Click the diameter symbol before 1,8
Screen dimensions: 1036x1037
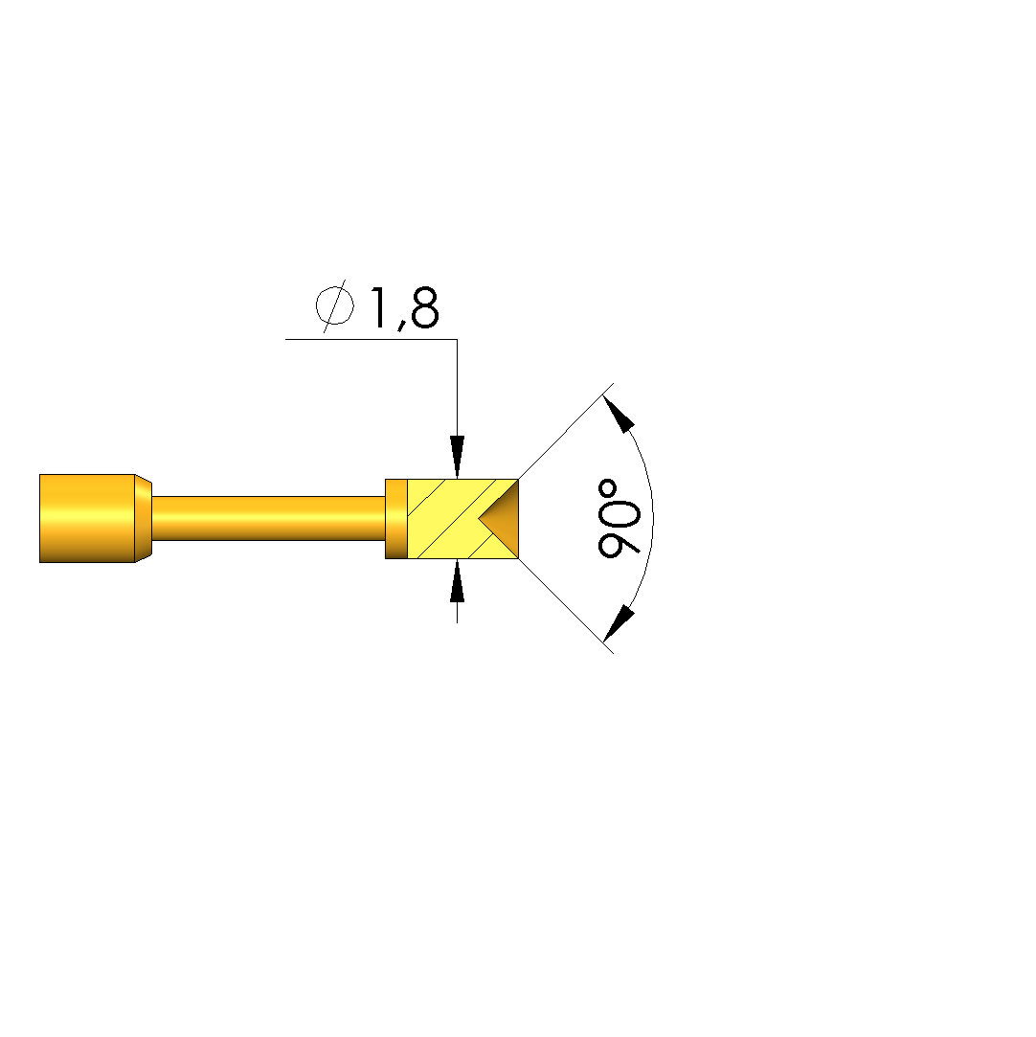pyautogui.click(x=334, y=306)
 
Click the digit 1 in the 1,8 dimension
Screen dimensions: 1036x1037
pyautogui.click(x=379, y=307)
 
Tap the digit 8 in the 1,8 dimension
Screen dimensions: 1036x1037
pyautogui.click(x=424, y=307)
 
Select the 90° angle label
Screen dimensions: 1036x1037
pyautogui.click(x=619, y=518)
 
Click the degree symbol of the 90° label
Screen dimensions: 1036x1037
pyautogui.click(x=607, y=489)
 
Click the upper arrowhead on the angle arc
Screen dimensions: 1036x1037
pyautogui.click(x=619, y=413)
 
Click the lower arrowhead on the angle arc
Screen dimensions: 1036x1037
pyautogui.click(x=619, y=623)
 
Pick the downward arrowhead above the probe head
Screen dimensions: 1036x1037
pyautogui.click(x=457, y=457)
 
